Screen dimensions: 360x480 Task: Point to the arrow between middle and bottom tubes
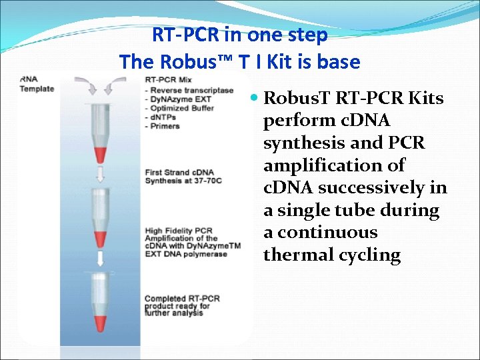(x=101, y=259)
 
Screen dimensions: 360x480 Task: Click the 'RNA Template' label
(x=37, y=84)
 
